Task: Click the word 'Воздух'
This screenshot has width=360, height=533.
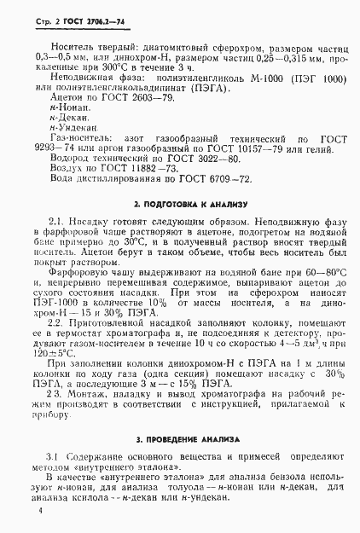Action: [x=69, y=182]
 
